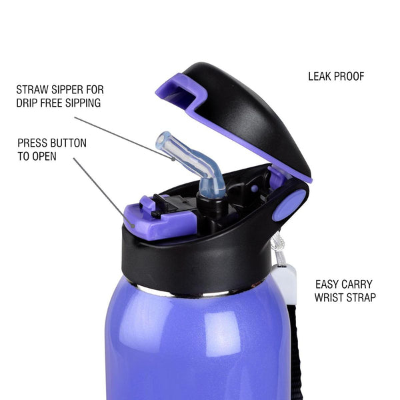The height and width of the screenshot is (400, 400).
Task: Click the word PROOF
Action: (349, 77)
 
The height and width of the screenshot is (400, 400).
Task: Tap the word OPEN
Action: (45, 157)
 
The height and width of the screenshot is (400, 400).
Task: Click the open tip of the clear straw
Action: (163, 141)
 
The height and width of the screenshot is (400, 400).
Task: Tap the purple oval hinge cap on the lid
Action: (289, 205)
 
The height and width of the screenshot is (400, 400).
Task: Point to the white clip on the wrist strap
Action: (285, 284)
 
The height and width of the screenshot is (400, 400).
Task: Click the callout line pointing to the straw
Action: (125, 139)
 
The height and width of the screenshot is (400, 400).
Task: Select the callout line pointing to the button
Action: (103, 192)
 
